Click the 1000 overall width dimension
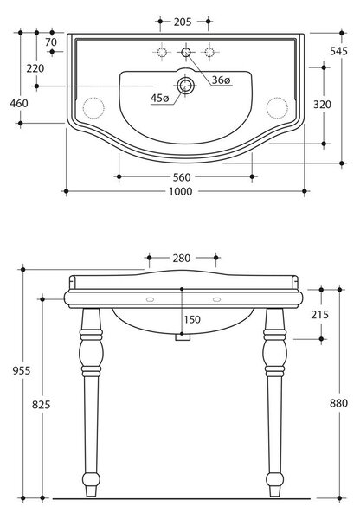point(181,192)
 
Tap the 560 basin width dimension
point(182,177)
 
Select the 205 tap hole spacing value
point(183,22)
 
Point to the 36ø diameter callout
point(221,80)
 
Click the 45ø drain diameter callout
point(159,98)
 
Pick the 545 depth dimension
point(338,51)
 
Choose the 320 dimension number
point(322,105)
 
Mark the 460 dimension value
point(19,104)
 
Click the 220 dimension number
point(35,68)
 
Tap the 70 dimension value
point(51,42)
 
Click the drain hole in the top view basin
point(185,86)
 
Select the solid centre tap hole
point(186,52)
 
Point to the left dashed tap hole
point(162,52)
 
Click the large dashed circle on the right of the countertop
point(277,108)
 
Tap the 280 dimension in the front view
point(182,258)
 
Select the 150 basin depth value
point(192,319)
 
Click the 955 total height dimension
point(22,371)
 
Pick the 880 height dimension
point(338,403)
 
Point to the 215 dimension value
point(319,315)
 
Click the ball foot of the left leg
point(91,479)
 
